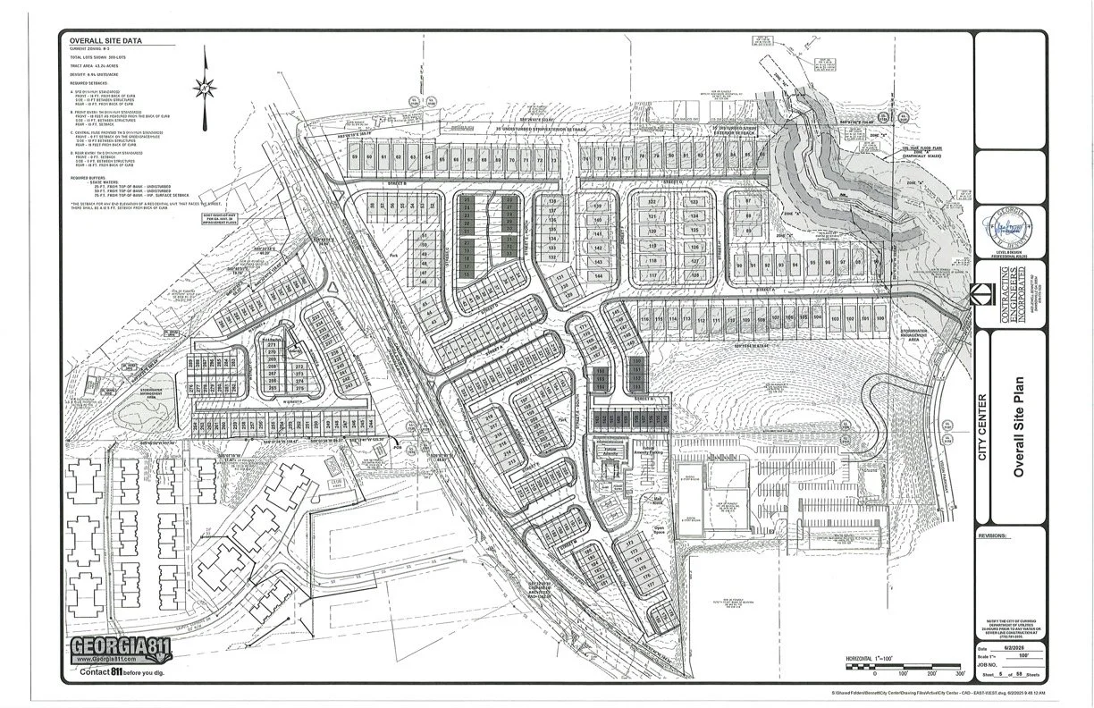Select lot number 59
point(355,157)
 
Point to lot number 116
point(645,319)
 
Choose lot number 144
point(599,275)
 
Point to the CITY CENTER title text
point(982,429)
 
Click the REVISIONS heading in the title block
point(992,536)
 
